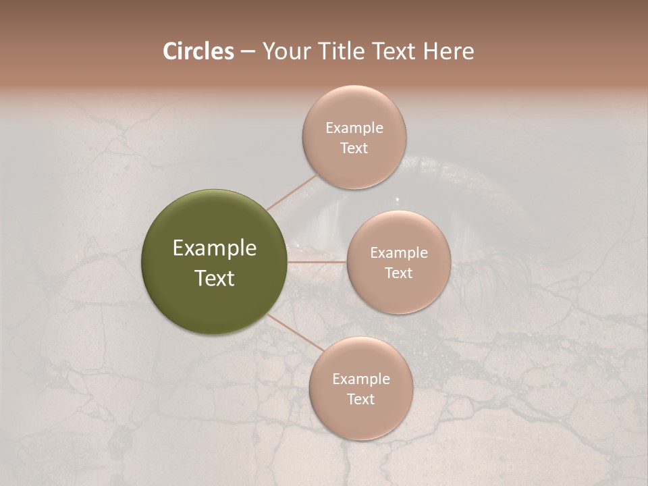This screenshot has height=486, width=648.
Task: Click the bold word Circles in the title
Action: point(198,51)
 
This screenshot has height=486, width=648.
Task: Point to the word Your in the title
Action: point(285,51)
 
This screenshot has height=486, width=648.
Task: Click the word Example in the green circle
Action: point(215,248)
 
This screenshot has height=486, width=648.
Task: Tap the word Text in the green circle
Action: point(215,278)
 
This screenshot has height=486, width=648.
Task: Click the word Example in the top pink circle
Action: point(354,128)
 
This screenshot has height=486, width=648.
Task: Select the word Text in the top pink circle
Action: point(354,148)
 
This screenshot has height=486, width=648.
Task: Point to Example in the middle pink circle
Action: point(399,253)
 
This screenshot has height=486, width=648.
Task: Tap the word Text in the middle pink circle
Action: point(399,273)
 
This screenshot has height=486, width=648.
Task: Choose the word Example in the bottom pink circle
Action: point(361,379)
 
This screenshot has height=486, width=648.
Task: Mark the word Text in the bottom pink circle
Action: point(361,399)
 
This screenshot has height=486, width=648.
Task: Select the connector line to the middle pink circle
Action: point(317,261)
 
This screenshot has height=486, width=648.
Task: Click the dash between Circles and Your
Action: point(248,51)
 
